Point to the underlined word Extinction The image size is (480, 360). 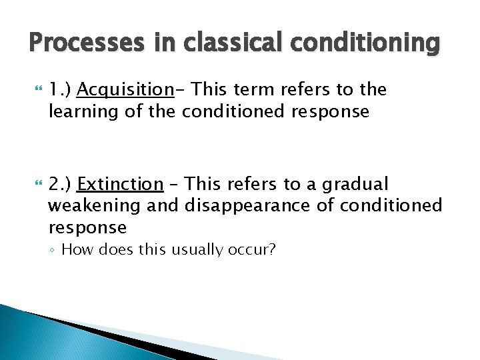point(120,184)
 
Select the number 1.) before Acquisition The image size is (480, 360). point(61,90)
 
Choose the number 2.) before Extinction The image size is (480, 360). point(61,184)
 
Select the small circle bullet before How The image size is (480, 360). point(53,251)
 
